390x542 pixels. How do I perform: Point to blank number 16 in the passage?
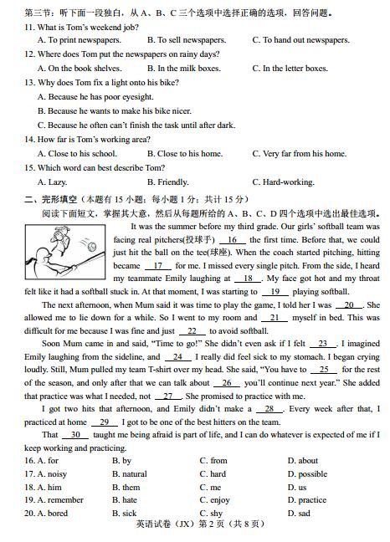pos(231,238)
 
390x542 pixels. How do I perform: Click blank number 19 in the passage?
pos(274,292)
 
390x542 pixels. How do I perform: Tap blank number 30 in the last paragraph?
pos(74,435)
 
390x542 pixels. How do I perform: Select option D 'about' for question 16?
pos(301,461)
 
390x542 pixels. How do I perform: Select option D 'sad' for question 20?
pos(298,514)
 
